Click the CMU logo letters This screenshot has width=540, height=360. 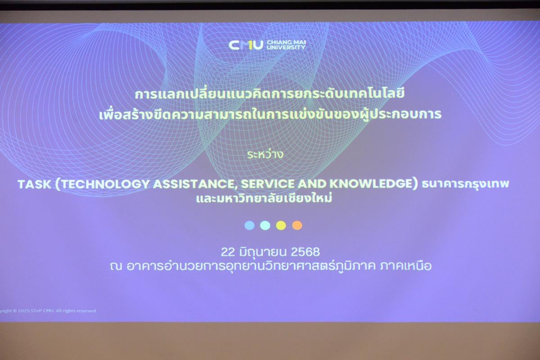[x=246, y=45]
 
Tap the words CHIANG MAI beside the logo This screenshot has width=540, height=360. [x=286, y=42]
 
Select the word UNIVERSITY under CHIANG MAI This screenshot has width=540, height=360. [x=286, y=47]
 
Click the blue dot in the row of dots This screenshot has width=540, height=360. [x=249, y=225]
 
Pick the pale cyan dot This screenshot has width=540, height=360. [x=265, y=225]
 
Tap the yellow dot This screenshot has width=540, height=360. [x=281, y=225]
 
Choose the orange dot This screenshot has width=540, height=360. [x=297, y=225]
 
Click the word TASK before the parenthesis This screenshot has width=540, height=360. [x=35, y=184]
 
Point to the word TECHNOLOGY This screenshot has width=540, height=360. [x=105, y=184]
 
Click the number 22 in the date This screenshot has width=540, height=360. [x=228, y=252]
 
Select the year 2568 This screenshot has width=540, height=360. [x=305, y=252]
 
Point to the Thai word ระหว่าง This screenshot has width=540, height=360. [x=265, y=154]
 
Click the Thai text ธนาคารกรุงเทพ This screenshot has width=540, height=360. [x=465, y=184]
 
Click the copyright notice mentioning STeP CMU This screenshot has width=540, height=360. [x=48, y=311]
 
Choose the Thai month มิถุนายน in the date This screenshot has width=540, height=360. [x=263, y=252]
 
